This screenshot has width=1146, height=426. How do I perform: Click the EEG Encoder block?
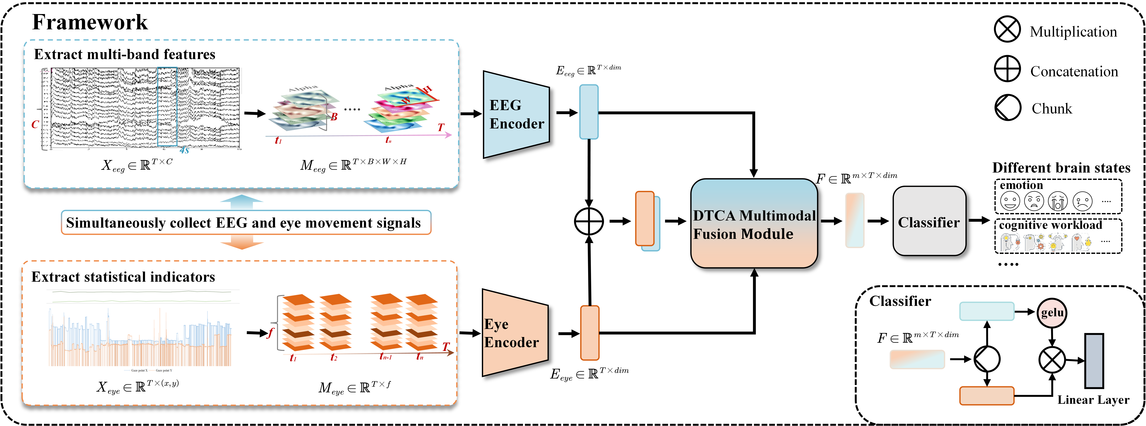click(x=516, y=114)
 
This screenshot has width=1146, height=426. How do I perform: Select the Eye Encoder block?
click(x=515, y=333)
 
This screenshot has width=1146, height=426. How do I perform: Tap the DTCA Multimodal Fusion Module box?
click(x=754, y=223)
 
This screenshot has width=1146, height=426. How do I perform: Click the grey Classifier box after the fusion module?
click(x=929, y=221)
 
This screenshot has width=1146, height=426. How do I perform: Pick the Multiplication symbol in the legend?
click(x=1007, y=29)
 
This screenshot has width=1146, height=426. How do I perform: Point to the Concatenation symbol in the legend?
click(x=1007, y=69)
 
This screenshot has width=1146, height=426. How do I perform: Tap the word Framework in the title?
click(x=90, y=22)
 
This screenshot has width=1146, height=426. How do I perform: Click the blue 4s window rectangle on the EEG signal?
click(x=167, y=107)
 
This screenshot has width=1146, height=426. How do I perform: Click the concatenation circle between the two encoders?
click(x=589, y=221)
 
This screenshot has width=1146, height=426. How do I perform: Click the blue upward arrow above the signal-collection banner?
click(x=242, y=202)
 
